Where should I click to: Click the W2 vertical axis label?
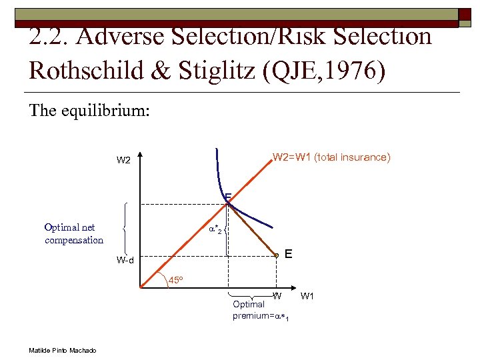click(123, 160)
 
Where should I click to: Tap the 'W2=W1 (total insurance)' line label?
click(331, 157)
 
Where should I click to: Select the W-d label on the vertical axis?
click(125, 260)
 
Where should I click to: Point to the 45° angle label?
click(176, 279)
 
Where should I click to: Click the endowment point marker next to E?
click(276, 255)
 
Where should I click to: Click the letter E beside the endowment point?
click(288, 254)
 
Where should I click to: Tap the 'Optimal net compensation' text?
click(74, 234)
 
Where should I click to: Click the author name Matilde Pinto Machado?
click(62, 351)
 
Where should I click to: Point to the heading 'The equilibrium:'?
click(89, 110)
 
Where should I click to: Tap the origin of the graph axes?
click(141, 288)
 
